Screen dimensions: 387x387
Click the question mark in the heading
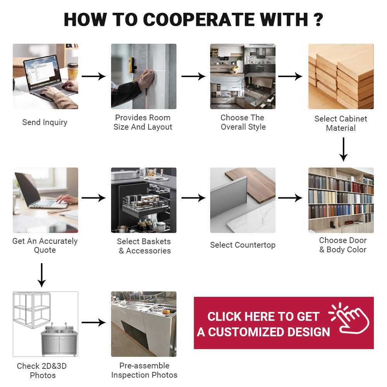(318, 19)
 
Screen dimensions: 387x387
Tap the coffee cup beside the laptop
(73, 71)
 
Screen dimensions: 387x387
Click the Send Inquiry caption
(45, 122)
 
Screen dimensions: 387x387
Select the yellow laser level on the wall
(132, 65)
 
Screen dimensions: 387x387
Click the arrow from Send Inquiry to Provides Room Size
(94, 76)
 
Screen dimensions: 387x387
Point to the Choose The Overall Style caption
(243, 122)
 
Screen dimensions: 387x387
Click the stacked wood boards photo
(341, 76)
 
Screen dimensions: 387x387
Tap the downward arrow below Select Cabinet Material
(343, 149)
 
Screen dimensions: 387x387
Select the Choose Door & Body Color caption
(342, 245)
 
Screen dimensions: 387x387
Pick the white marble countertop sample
(252, 217)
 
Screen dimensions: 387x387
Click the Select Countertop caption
(243, 245)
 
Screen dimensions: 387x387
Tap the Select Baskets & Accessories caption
(144, 246)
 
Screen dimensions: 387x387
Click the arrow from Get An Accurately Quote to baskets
(94, 198)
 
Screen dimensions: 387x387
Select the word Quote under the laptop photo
(45, 250)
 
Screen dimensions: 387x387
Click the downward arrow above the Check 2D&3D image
(41, 275)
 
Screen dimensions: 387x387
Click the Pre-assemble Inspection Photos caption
(144, 370)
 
